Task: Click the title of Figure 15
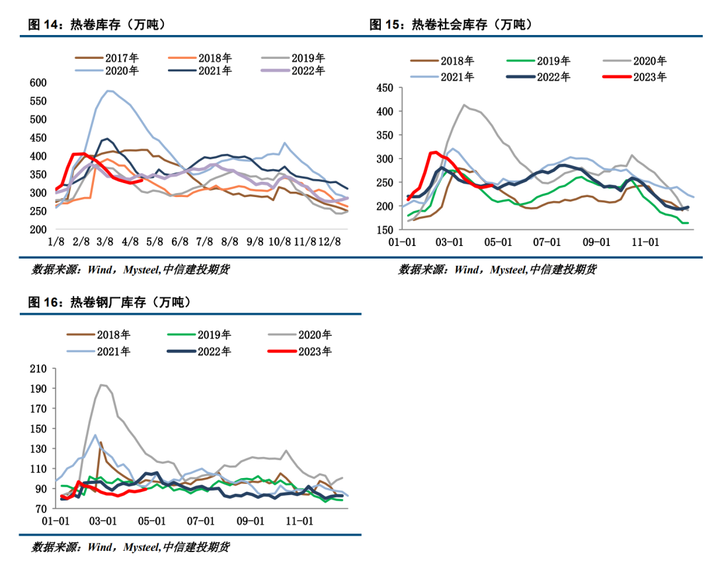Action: click(451, 25)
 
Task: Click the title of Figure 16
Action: click(109, 303)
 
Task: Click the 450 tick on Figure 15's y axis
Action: click(384, 88)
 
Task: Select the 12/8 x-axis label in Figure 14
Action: click(331, 242)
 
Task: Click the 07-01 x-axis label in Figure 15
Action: click(547, 242)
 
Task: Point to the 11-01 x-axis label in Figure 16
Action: click(299, 521)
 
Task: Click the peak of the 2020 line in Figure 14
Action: click(108, 91)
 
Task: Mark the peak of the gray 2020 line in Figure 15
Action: click(464, 104)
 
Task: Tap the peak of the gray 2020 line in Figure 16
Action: click(101, 385)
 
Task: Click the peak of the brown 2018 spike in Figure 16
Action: click(100, 442)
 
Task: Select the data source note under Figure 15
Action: click(497, 270)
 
